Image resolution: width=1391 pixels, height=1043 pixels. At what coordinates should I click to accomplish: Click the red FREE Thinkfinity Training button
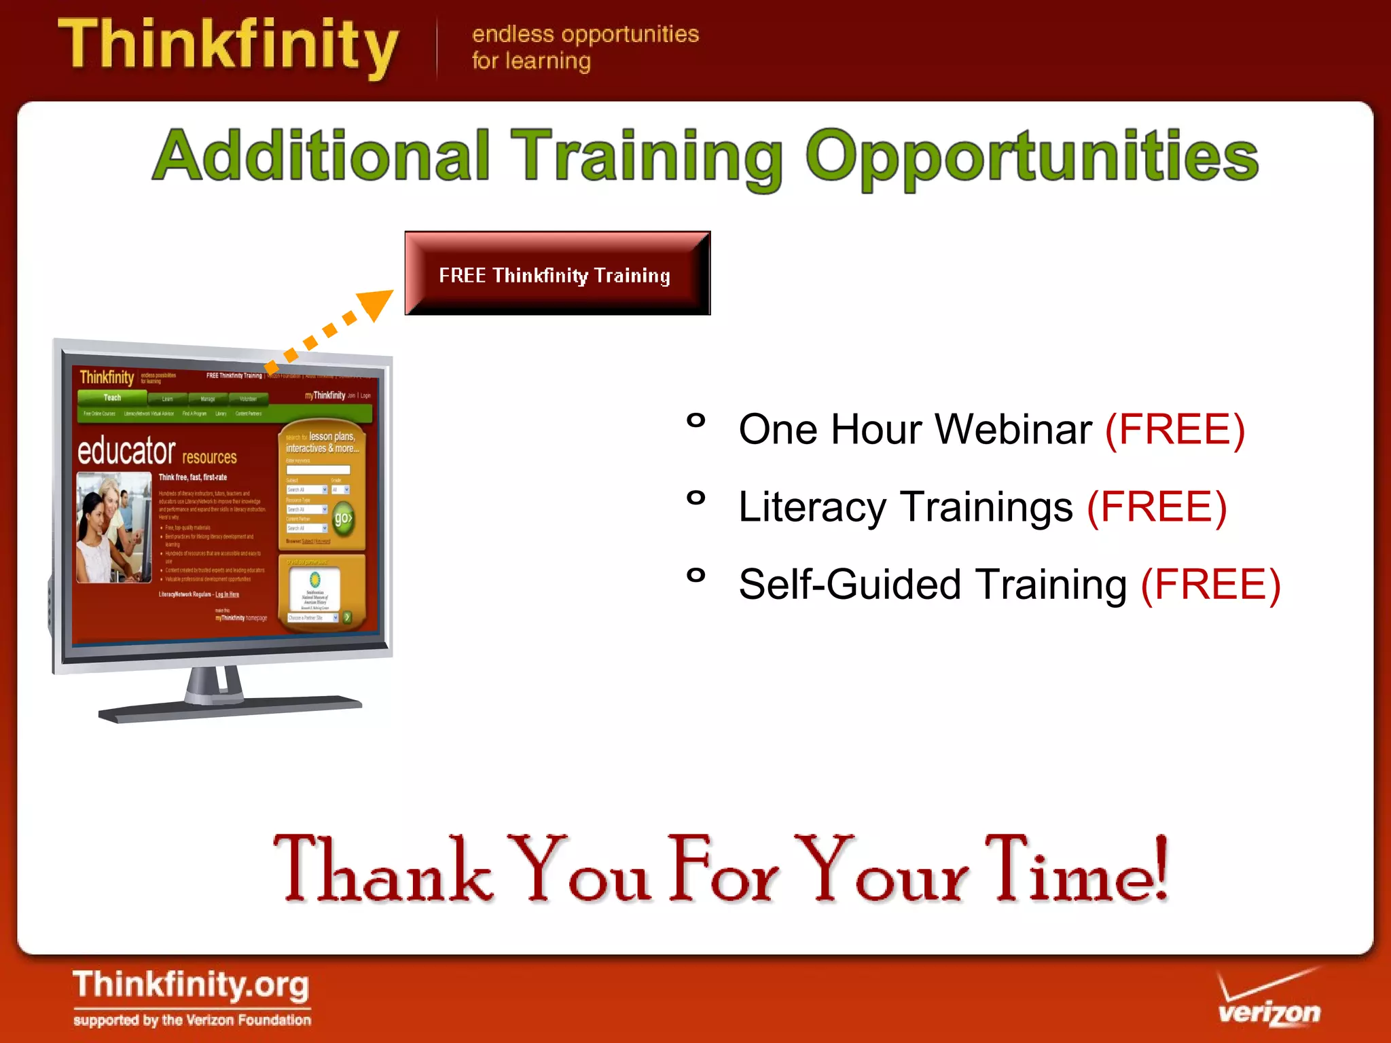(x=557, y=273)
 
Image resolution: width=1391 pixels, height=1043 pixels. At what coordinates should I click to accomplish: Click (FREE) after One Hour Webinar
(x=1175, y=429)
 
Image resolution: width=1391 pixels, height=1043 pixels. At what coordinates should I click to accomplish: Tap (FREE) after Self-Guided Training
(x=1210, y=585)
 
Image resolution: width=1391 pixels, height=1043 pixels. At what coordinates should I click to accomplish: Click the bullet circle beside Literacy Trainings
(x=695, y=498)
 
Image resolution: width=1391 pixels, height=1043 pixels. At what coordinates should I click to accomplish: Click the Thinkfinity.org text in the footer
(x=191, y=986)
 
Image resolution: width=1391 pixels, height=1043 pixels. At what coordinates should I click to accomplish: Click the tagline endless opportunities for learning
(x=585, y=47)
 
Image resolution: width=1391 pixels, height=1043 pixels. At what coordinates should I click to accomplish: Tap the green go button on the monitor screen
(x=344, y=519)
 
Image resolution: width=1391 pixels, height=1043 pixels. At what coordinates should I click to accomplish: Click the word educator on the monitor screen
(x=126, y=450)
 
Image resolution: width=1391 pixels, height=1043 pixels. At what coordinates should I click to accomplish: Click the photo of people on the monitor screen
(x=113, y=528)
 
